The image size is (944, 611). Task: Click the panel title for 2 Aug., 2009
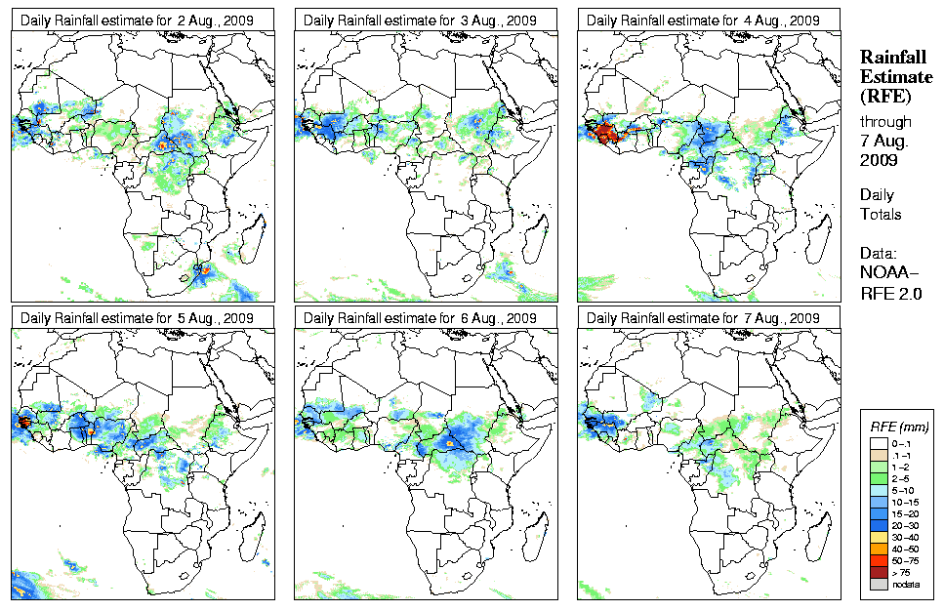137,20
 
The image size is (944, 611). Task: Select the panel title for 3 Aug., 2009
420,20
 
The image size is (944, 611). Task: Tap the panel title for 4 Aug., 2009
703,20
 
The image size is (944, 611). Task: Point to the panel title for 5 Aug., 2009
137,318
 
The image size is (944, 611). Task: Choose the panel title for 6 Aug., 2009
420,318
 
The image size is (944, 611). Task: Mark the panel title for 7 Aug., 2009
703,318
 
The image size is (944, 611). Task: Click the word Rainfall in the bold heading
892,59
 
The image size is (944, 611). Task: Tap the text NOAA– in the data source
888,271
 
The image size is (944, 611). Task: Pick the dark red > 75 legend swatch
878,572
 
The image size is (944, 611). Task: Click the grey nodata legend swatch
878,584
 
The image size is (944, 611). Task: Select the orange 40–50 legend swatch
878,548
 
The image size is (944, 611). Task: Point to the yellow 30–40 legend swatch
878,536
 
